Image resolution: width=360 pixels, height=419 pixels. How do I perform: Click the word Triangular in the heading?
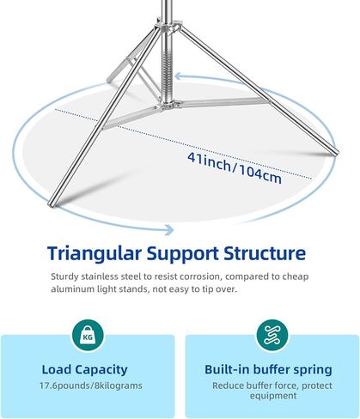point(95,254)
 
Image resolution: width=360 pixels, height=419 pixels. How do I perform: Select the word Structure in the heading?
point(265,253)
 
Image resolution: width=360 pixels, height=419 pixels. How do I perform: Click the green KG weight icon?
point(88,336)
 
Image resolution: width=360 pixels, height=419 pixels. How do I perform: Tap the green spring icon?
point(272,336)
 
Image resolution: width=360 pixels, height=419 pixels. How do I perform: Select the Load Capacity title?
point(85,370)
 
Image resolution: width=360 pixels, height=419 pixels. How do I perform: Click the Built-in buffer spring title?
point(268,369)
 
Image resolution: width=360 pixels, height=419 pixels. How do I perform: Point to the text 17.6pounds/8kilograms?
point(91,386)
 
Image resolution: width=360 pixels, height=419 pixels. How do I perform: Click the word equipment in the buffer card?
point(273,396)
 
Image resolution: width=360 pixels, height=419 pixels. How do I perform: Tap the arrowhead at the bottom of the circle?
point(169,230)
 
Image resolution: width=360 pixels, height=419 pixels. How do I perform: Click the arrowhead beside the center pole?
point(179,76)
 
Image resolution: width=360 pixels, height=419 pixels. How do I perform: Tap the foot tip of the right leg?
point(335,152)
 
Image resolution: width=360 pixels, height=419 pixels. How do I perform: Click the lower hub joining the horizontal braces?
point(168,106)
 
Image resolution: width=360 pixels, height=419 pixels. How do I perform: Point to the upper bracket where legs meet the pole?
point(168,27)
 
